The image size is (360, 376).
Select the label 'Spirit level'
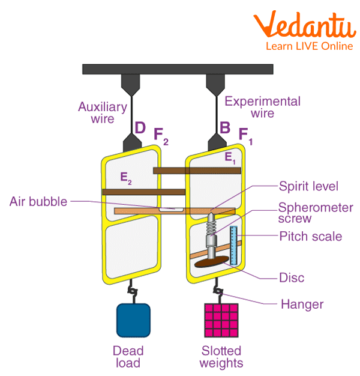pos(308,187)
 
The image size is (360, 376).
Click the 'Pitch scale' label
pos(310,236)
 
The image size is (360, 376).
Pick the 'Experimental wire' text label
pos(262,106)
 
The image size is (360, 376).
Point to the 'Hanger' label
pos(302,304)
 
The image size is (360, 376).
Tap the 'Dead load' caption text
pos(127,356)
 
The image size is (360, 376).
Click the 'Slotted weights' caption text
pos(222,356)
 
